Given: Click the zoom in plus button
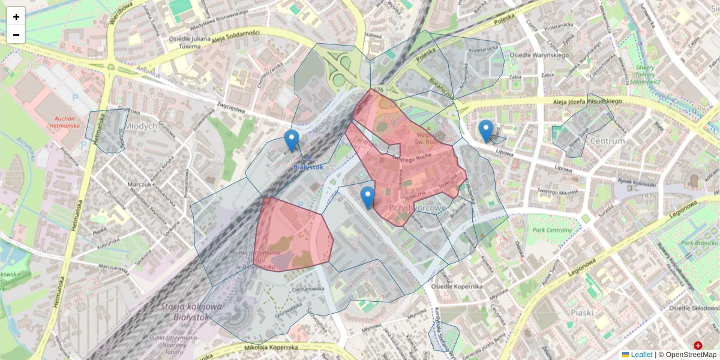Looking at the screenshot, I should (16, 16).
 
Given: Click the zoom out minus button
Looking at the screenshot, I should (16, 35).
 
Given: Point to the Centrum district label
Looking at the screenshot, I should (608, 141).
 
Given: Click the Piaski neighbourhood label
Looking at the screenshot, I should (581, 312).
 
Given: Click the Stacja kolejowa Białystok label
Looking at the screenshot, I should (192, 311).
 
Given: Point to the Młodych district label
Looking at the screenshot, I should (142, 126).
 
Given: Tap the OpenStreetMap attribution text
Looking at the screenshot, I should (690, 355).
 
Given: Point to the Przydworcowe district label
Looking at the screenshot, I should (419, 208).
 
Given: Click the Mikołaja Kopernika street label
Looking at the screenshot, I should (272, 347).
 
